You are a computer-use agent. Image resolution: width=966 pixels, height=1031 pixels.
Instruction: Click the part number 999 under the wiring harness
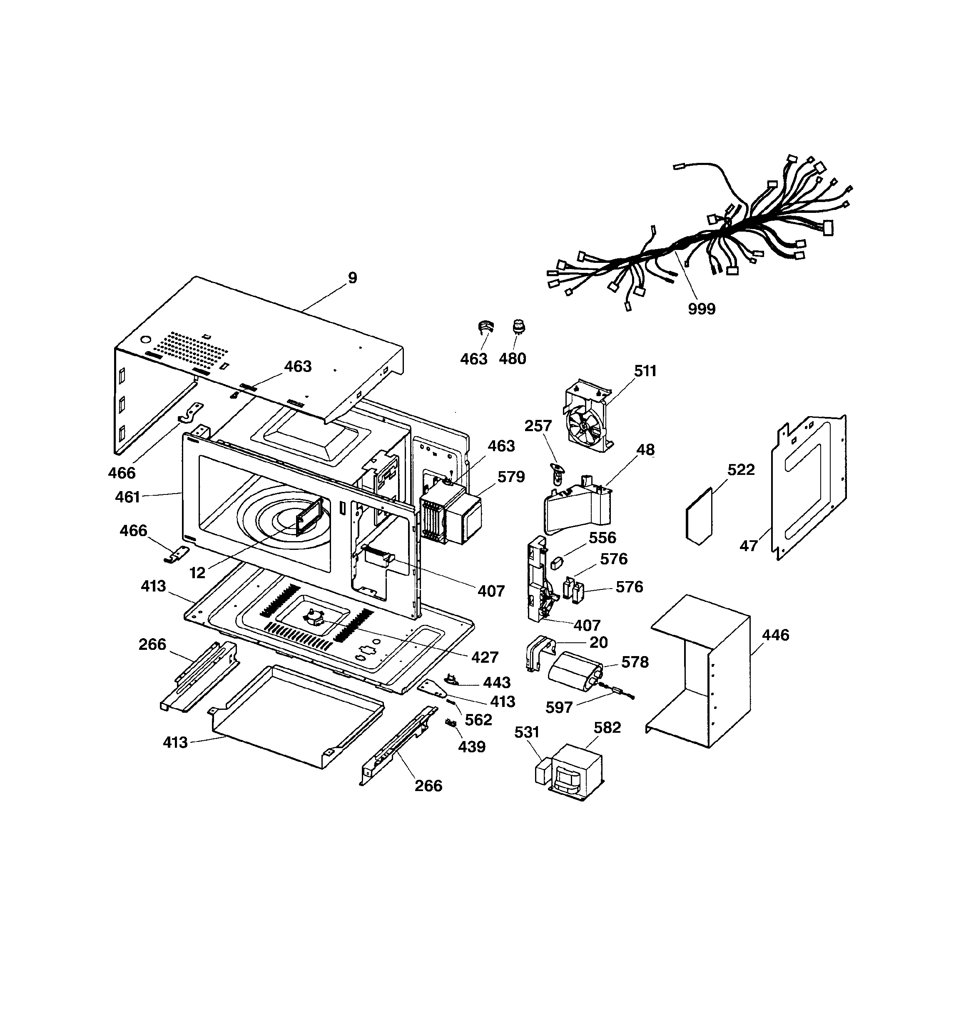[701, 309]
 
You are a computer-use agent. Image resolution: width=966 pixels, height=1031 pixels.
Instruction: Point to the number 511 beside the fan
[645, 371]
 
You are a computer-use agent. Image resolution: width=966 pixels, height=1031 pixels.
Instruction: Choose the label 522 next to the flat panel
[741, 469]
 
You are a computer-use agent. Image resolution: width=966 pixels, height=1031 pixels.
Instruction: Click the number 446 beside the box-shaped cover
[775, 635]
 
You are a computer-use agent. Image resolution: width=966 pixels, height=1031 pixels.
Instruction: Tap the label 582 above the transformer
[607, 728]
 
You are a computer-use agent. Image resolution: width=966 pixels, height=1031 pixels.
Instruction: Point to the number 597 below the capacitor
[559, 707]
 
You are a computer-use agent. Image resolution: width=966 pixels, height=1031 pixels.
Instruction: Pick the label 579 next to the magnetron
[511, 477]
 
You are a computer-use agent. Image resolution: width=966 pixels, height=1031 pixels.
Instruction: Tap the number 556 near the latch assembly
[602, 537]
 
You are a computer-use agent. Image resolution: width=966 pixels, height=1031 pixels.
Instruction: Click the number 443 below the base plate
[497, 682]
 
